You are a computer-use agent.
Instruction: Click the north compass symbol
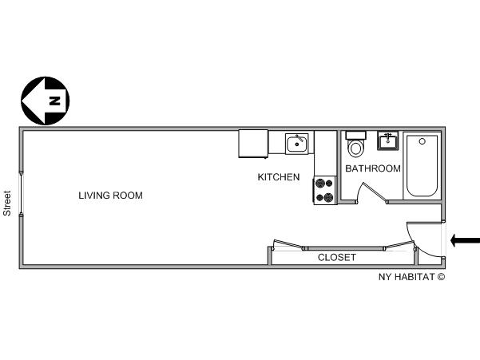45,101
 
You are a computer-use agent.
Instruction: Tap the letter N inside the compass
55,101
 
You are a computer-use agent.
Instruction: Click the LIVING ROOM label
110,196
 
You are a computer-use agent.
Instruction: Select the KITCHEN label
279,177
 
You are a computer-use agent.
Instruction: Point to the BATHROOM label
373,168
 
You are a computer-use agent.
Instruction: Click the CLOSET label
337,258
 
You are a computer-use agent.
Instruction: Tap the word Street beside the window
7,204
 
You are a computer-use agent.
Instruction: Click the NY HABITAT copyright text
412,277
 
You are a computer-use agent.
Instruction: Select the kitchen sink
297,144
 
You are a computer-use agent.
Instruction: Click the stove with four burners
324,191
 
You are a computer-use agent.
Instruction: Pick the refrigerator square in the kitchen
253,144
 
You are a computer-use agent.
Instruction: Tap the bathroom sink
388,140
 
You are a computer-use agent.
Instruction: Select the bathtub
422,165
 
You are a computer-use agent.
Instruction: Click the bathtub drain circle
422,141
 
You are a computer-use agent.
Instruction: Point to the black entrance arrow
466,240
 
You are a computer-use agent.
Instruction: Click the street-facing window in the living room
21,194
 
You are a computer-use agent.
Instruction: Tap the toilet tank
355,135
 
